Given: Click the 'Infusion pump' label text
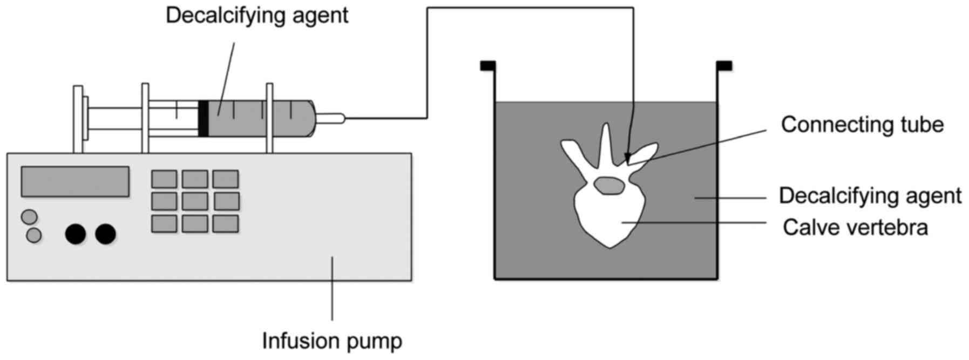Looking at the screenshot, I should click(332, 341).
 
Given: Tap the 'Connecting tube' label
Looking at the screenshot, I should click(862, 125).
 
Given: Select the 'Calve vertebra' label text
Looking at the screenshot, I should click(855, 227).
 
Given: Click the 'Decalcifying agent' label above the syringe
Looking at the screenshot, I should click(257, 15).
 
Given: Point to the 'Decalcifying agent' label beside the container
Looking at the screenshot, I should click(870, 195).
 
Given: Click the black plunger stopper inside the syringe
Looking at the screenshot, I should click(204, 118).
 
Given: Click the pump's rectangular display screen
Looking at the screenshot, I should click(75, 181).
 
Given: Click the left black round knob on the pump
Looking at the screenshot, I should click(76, 234).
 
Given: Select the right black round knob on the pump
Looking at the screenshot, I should click(106, 234).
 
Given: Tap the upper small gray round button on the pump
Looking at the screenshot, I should click(29, 217).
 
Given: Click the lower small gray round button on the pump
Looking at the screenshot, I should click(34, 235).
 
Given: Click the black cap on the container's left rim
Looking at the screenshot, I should click(487, 66).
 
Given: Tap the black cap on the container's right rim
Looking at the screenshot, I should click(724, 66).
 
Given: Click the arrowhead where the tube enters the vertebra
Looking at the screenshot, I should click(627, 158).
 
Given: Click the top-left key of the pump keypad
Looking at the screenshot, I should click(164, 179).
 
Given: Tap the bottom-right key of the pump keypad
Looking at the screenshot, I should click(226, 223).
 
